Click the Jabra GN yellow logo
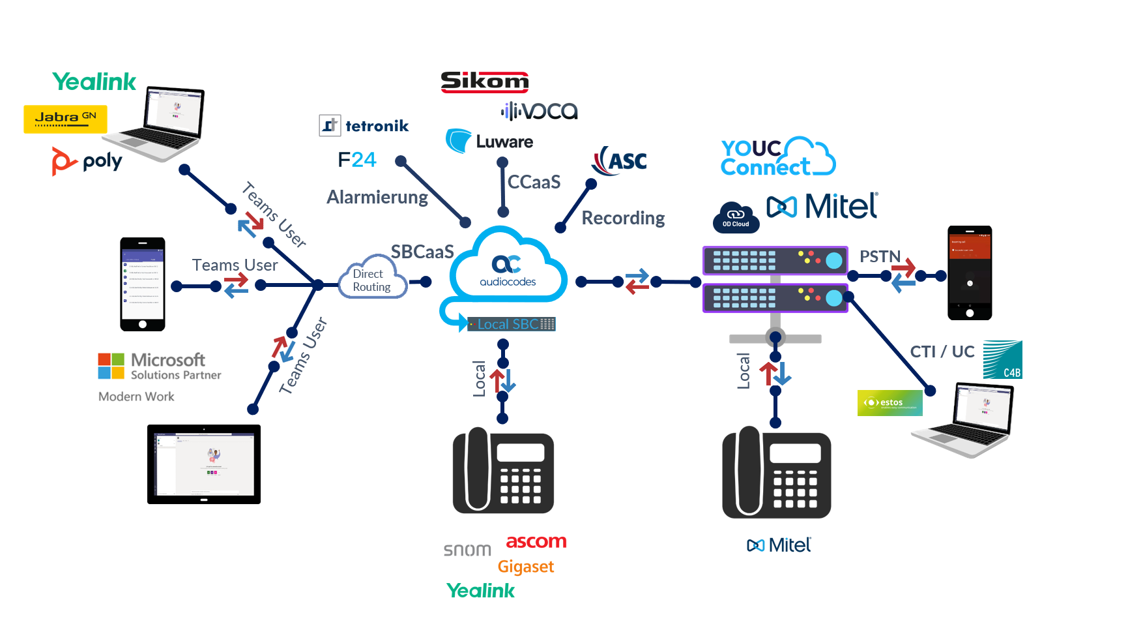[65, 119]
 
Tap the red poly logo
[64, 161]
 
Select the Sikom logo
[484, 82]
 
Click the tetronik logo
[364, 125]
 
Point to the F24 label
[357, 160]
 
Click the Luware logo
[490, 141]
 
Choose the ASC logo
[620, 161]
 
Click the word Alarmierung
[377, 197]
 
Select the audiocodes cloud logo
[508, 268]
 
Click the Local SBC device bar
[512, 324]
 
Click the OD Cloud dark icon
[736, 218]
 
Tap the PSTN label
[879, 256]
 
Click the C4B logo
[1002, 359]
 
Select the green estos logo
[889, 403]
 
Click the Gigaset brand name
[525, 567]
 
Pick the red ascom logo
[536, 542]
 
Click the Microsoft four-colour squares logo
[111, 366]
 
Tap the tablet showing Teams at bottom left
[204, 464]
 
